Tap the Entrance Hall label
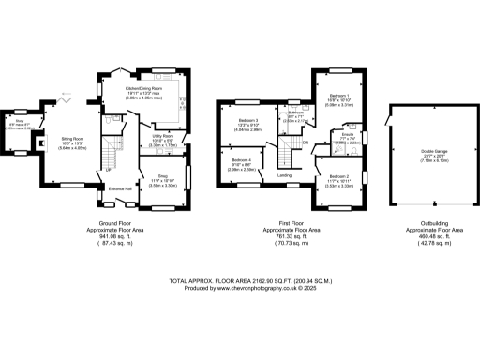[x=120, y=189]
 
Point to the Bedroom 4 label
[x=241, y=161]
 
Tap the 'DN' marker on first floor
[x=306, y=142]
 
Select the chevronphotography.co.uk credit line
[x=240, y=288]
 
